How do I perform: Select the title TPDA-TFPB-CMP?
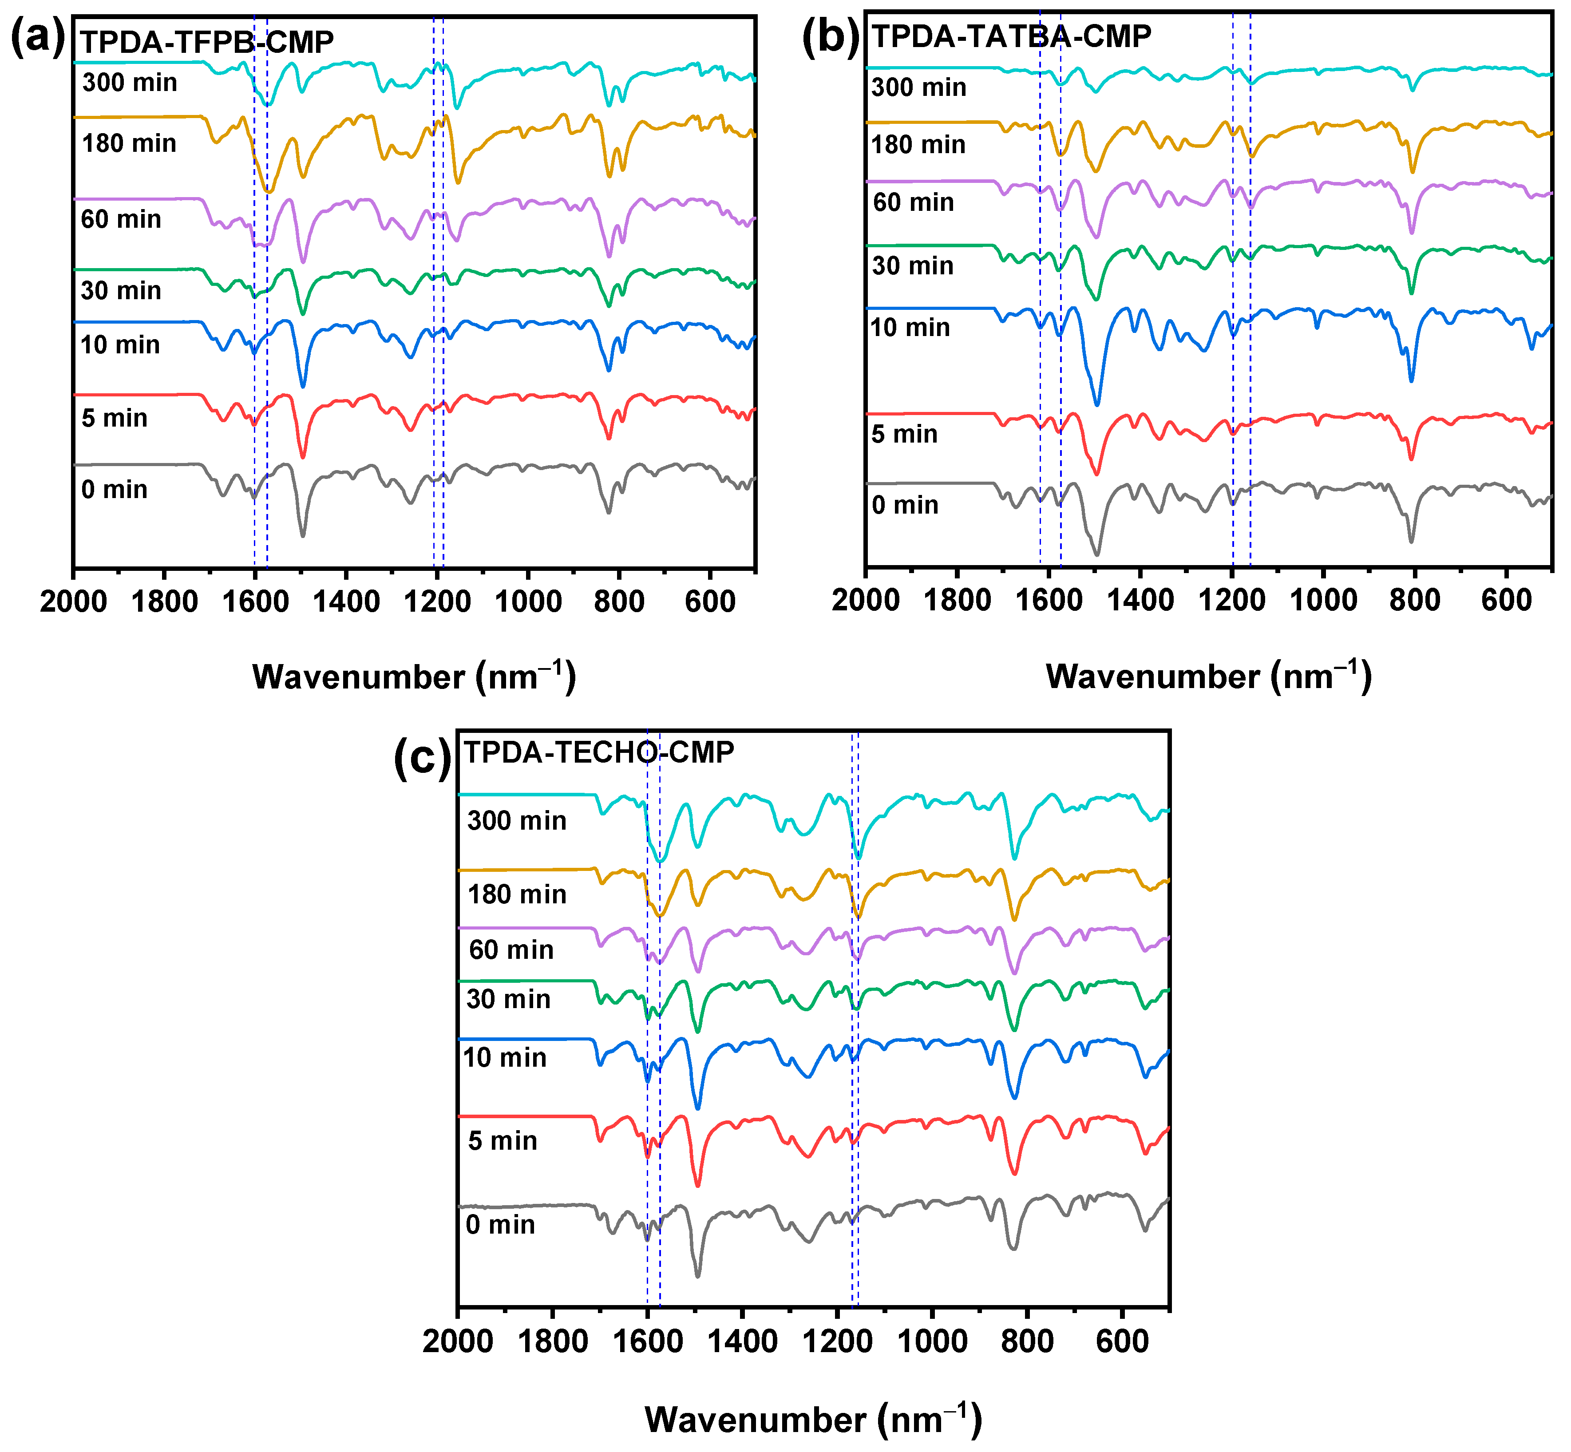click(207, 42)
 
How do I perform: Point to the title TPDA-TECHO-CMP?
click(599, 752)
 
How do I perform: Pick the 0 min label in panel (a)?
click(114, 490)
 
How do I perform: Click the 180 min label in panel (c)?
click(517, 894)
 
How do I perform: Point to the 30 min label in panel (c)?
click(508, 999)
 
